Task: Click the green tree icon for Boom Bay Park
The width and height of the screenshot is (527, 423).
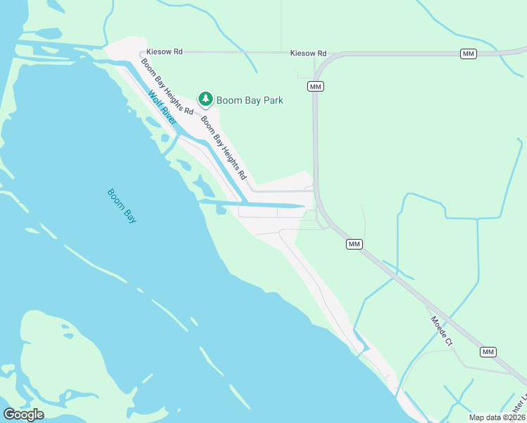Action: (205, 99)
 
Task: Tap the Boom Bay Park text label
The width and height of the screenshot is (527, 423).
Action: (249, 100)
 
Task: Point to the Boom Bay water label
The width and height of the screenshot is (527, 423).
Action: (121, 206)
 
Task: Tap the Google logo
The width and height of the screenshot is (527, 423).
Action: (23, 415)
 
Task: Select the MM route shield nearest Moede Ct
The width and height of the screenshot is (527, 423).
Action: (488, 352)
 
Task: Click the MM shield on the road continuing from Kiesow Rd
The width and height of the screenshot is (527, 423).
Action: (468, 54)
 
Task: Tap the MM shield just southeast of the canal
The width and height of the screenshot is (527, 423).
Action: (354, 244)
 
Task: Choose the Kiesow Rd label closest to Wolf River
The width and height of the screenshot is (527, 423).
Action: (164, 52)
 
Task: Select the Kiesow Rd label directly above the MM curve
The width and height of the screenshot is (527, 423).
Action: (309, 53)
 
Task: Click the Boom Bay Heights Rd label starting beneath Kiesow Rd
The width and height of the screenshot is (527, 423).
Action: (166, 87)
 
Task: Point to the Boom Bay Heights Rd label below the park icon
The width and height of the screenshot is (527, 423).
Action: (223, 147)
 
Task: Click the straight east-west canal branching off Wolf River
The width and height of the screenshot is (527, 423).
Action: (261, 205)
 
